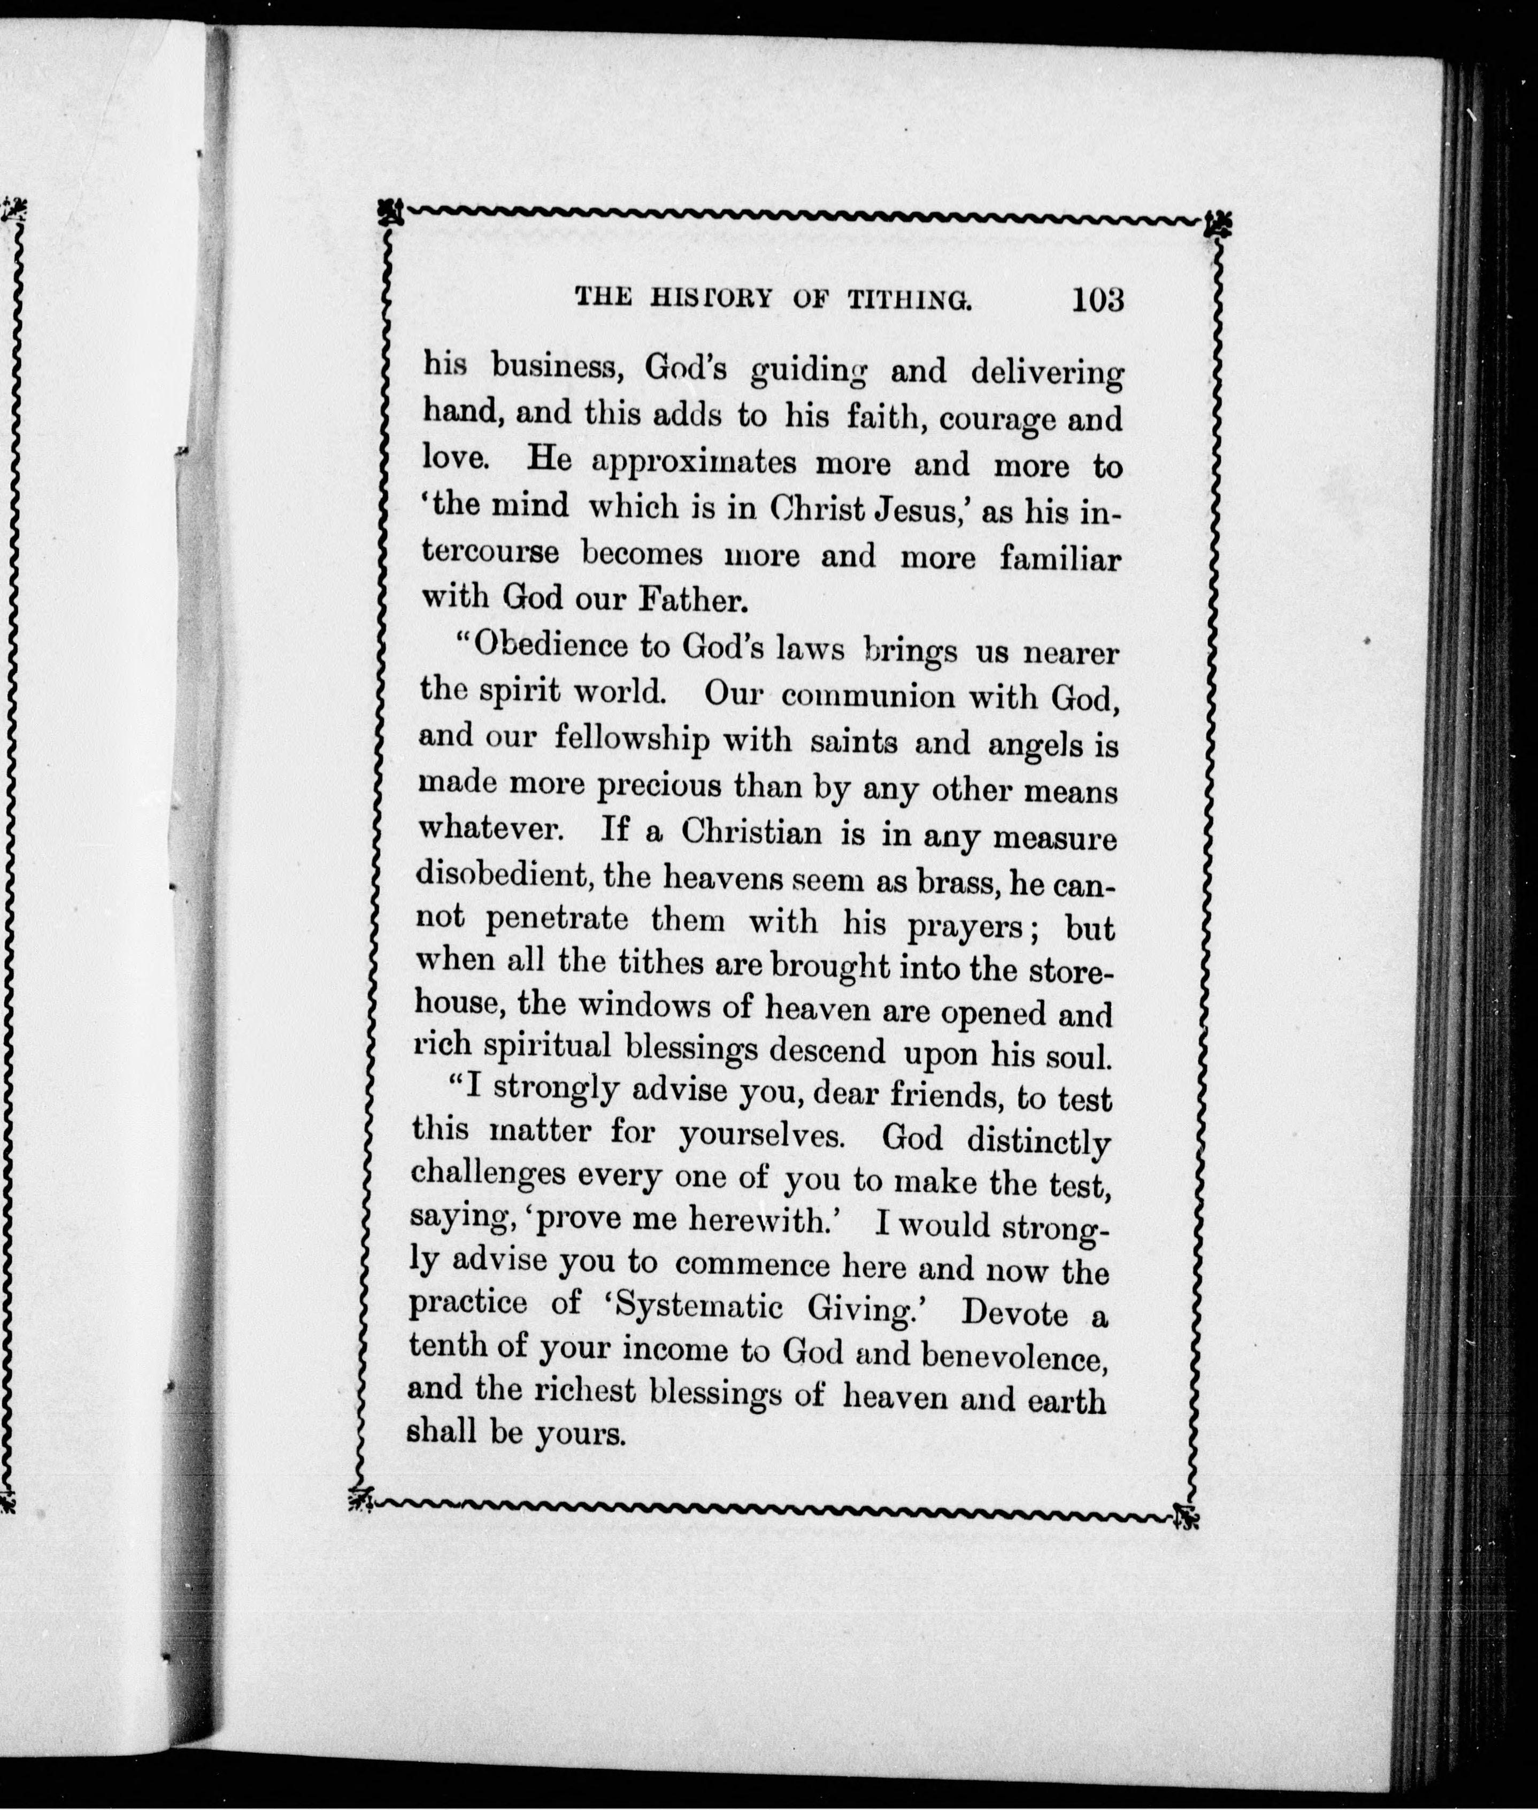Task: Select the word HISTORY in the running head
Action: tap(711, 298)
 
